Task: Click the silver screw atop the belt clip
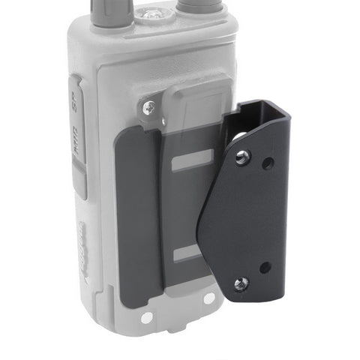coord(148,108)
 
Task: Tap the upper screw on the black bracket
coord(241,157)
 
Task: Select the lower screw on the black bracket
coord(241,283)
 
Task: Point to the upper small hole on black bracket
coord(266,162)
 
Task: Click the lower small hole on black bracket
coord(265,266)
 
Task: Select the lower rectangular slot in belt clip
coord(187,255)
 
